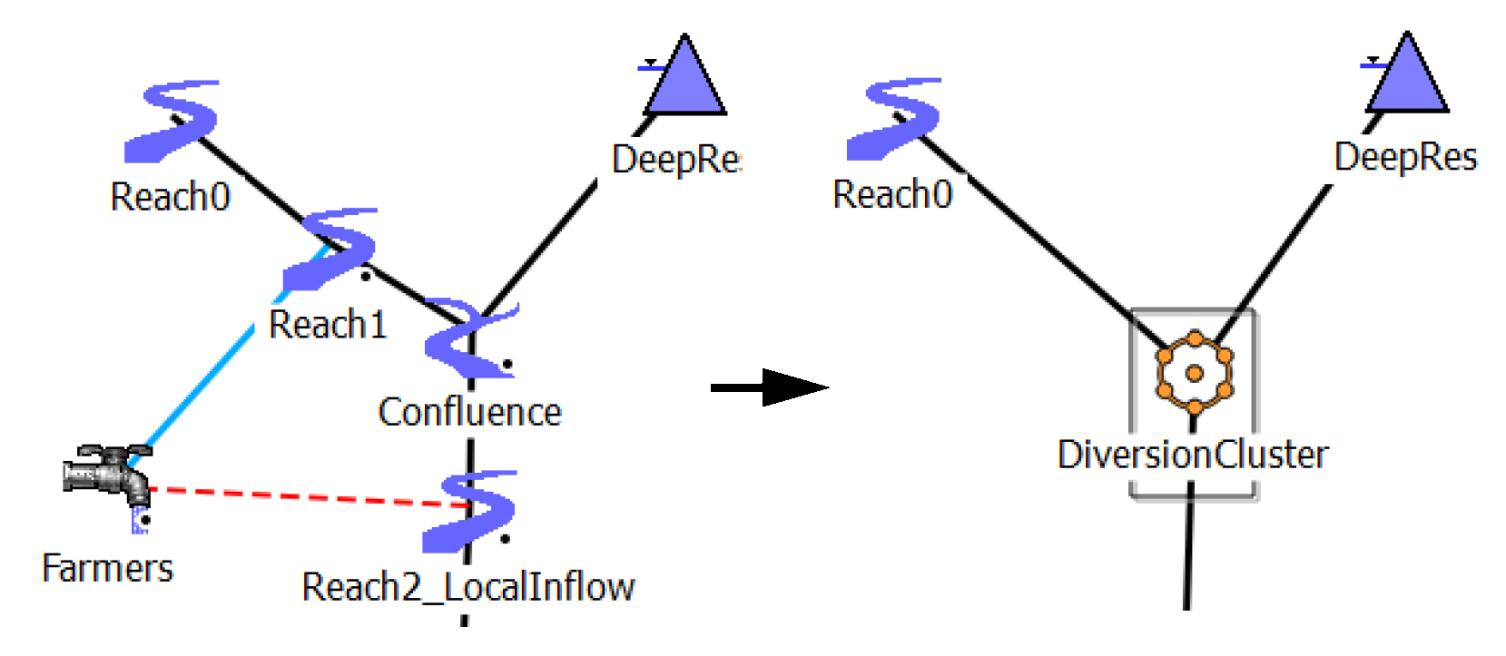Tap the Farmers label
tap(107, 569)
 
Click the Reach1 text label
tap(328, 324)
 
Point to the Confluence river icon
tap(468, 338)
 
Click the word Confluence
tap(469, 412)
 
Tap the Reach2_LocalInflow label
tap(468, 587)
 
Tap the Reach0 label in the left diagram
tap(170, 197)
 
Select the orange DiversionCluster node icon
tap(1194, 372)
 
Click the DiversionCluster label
tap(1192, 455)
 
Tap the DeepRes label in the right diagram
tap(1405, 157)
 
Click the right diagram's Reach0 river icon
tap(894, 118)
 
